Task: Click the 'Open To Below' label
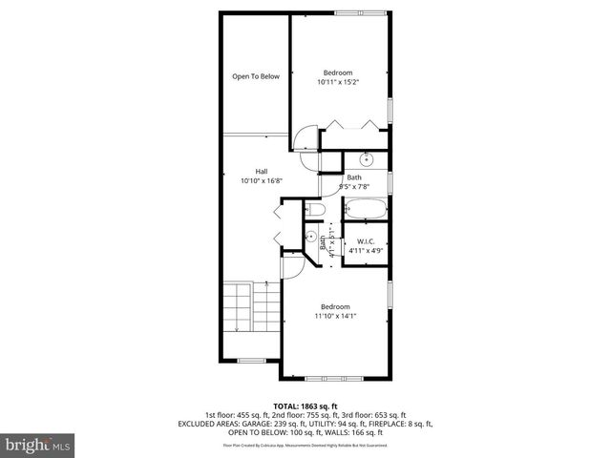tap(256, 76)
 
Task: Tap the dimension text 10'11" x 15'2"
tap(337, 82)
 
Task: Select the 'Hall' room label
tap(261, 171)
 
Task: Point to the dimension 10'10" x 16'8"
tap(261, 180)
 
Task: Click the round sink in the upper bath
tap(365, 160)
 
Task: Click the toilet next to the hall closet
tap(314, 209)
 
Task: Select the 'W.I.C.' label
tap(365, 242)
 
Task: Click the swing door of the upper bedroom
tap(305, 141)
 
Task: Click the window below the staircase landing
tap(251, 360)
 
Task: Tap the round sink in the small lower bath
tap(310, 237)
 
